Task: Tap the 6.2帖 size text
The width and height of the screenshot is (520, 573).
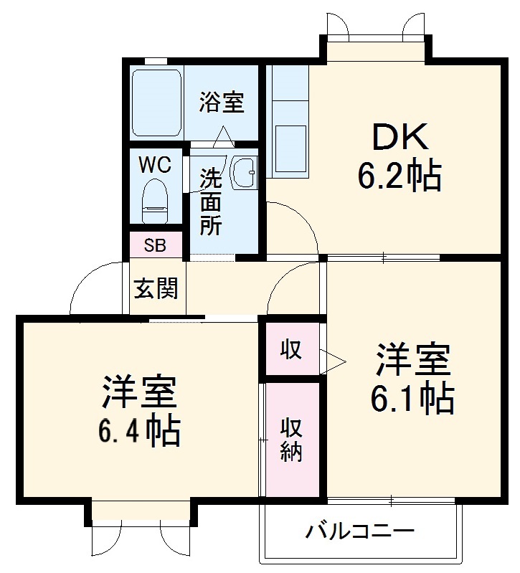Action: (x=400, y=175)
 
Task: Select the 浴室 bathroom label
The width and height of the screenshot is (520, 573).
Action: (x=221, y=103)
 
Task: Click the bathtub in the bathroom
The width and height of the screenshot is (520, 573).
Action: (x=156, y=103)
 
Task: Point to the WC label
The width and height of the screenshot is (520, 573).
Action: (x=154, y=165)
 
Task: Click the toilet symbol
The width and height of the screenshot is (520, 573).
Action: (x=154, y=200)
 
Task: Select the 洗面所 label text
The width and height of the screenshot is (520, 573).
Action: (x=209, y=202)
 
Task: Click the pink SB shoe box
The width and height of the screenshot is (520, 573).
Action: (x=155, y=245)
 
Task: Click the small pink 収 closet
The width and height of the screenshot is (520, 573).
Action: (x=291, y=350)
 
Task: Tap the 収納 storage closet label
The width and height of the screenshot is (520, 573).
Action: (x=291, y=439)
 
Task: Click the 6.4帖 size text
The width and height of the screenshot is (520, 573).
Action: (x=139, y=430)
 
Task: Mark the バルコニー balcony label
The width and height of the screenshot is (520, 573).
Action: (x=360, y=533)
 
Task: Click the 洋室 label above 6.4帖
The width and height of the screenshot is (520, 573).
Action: (x=139, y=392)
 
